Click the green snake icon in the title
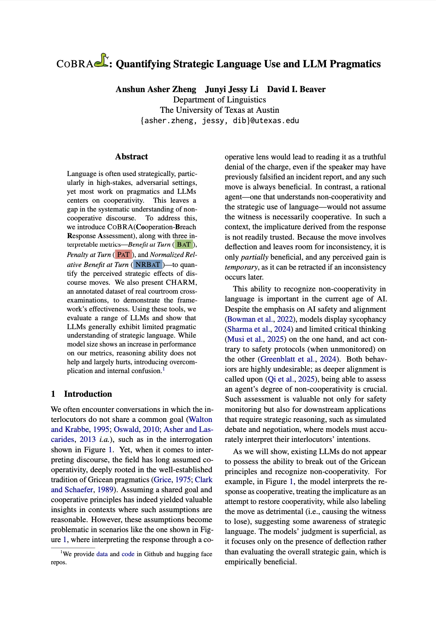[101, 61]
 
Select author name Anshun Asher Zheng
[156, 89]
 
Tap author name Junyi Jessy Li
[232, 89]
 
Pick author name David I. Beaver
[296, 89]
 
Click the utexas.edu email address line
[219, 121]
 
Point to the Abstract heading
[131, 157]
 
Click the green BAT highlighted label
[184, 244]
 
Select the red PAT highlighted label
[123, 254]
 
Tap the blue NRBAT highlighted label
[148, 264]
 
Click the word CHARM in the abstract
[181, 283]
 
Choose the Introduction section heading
[88, 394]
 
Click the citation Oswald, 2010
[136, 429]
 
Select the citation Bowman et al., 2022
[260, 319]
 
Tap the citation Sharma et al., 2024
[260, 329]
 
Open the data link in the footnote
[102, 554]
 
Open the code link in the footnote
[128, 554]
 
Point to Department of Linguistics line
[219, 100]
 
